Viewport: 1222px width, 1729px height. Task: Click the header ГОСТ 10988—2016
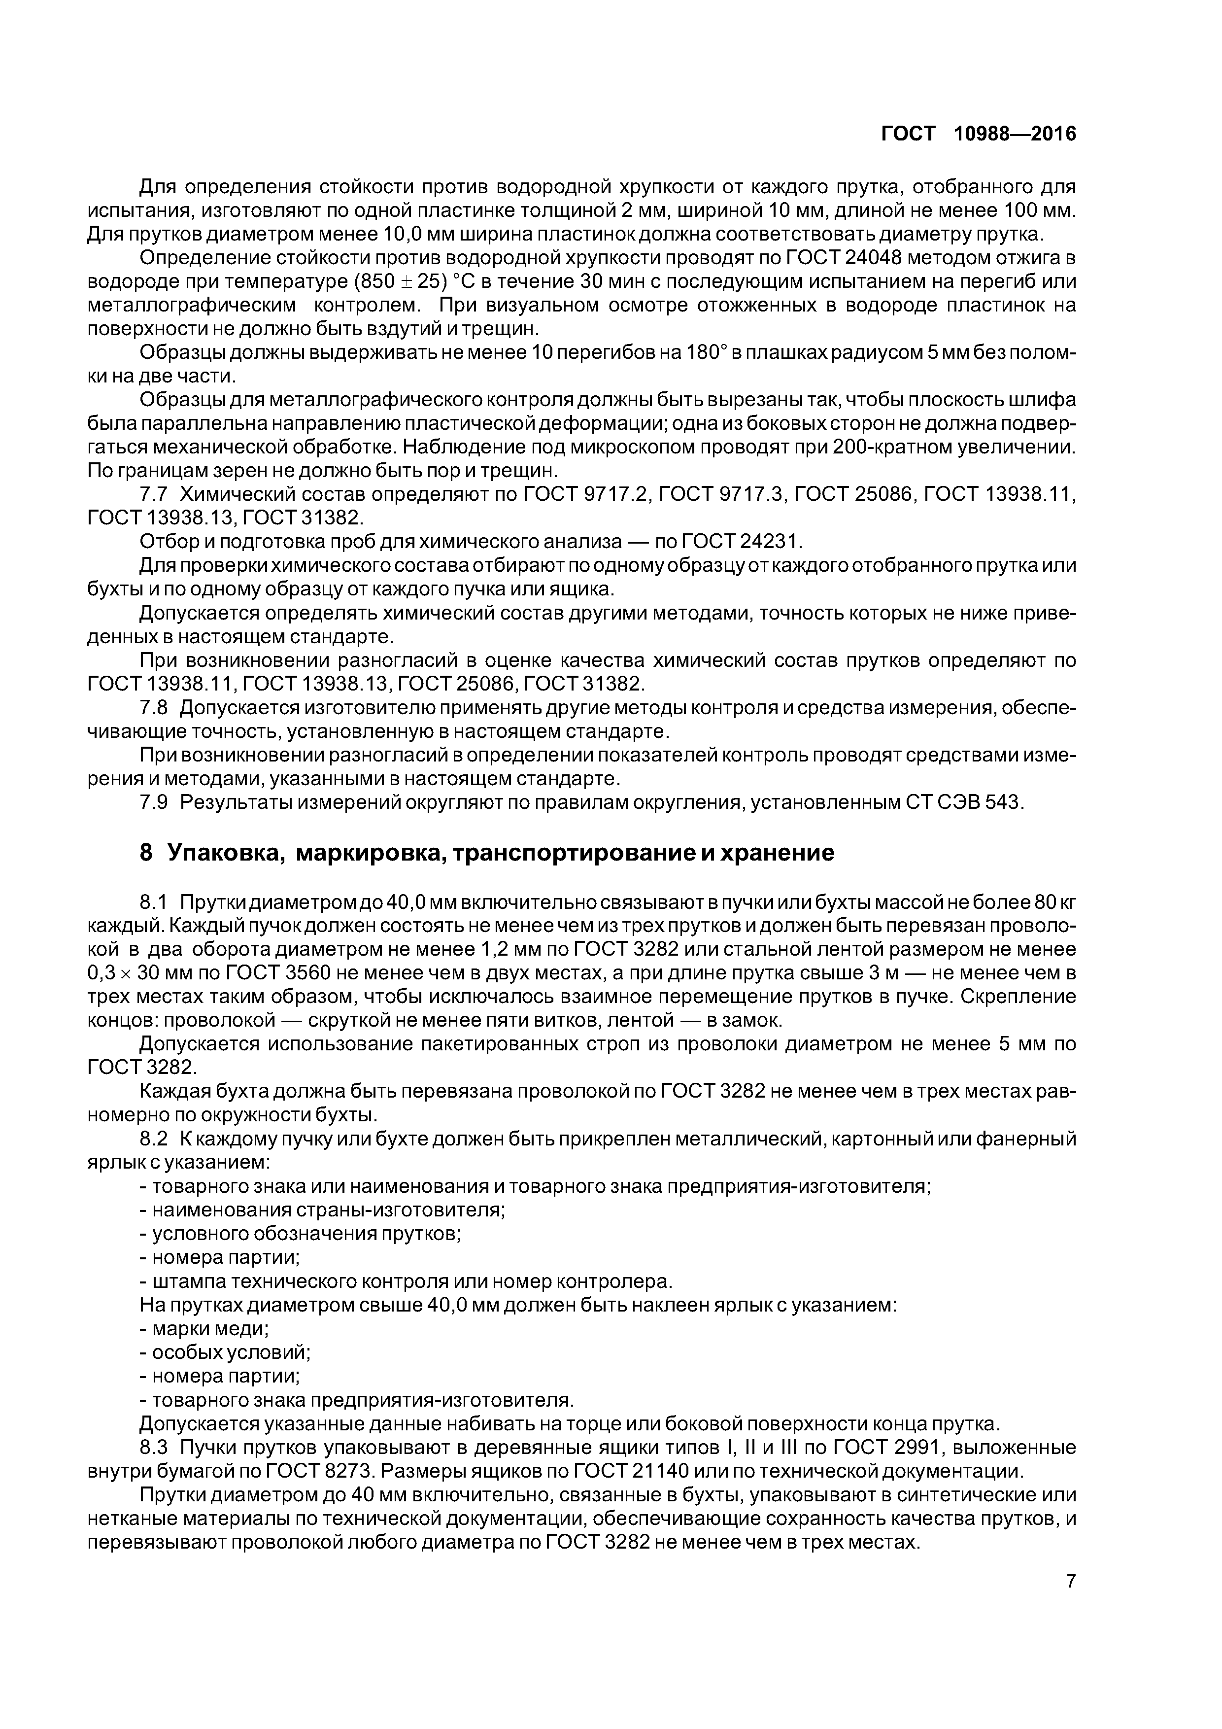pyautogui.click(x=978, y=134)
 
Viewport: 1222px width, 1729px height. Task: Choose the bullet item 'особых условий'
pyautogui.click(x=231, y=1352)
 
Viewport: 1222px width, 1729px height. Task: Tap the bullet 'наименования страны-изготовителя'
pyautogui.click(x=328, y=1210)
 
